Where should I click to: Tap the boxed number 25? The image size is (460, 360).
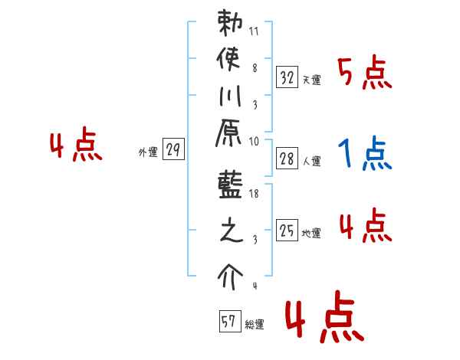[x=287, y=230]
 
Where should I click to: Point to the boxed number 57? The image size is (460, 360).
[x=228, y=322]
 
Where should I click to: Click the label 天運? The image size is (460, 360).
[x=311, y=80]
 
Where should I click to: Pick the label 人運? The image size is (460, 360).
[x=311, y=162]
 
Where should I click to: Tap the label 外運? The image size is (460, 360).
[x=148, y=152]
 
